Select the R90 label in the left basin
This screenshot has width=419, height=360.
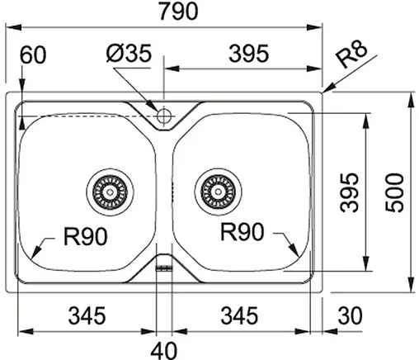[85, 239]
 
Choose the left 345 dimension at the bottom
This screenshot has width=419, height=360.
[87, 315]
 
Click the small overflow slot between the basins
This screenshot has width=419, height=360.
[163, 266]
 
